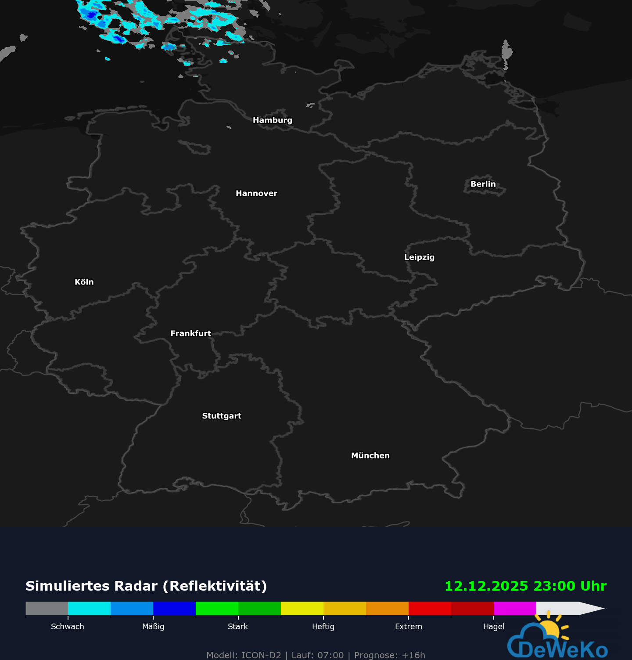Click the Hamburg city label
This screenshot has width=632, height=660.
tap(272, 120)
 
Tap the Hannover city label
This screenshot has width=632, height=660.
tap(256, 194)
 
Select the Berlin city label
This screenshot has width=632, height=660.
tap(483, 184)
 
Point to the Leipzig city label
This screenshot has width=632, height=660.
tap(419, 257)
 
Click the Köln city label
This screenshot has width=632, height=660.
tap(84, 282)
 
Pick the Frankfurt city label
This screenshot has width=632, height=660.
tap(190, 333)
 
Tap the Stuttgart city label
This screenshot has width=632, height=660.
tap(222, 416)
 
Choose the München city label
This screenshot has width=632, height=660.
tap(370, 455)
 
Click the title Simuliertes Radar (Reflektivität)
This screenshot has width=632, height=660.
tap(146, 586)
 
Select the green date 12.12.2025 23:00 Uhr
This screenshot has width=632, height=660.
tap(525, 586)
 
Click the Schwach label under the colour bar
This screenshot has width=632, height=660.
tap(68, 627)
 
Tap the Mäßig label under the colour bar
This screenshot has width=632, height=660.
tap(153, 627)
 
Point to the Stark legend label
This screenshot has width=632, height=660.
tap(238, 627)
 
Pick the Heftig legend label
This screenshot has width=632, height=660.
tap(323, 627)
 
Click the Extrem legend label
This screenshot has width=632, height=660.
tap(408, 627)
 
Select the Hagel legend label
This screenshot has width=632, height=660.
tap(494, 627)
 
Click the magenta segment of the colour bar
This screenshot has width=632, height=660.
tap(515, 609)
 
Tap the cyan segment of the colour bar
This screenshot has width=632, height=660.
tap(89, 609)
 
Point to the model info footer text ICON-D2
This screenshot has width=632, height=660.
tap(261, 655)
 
